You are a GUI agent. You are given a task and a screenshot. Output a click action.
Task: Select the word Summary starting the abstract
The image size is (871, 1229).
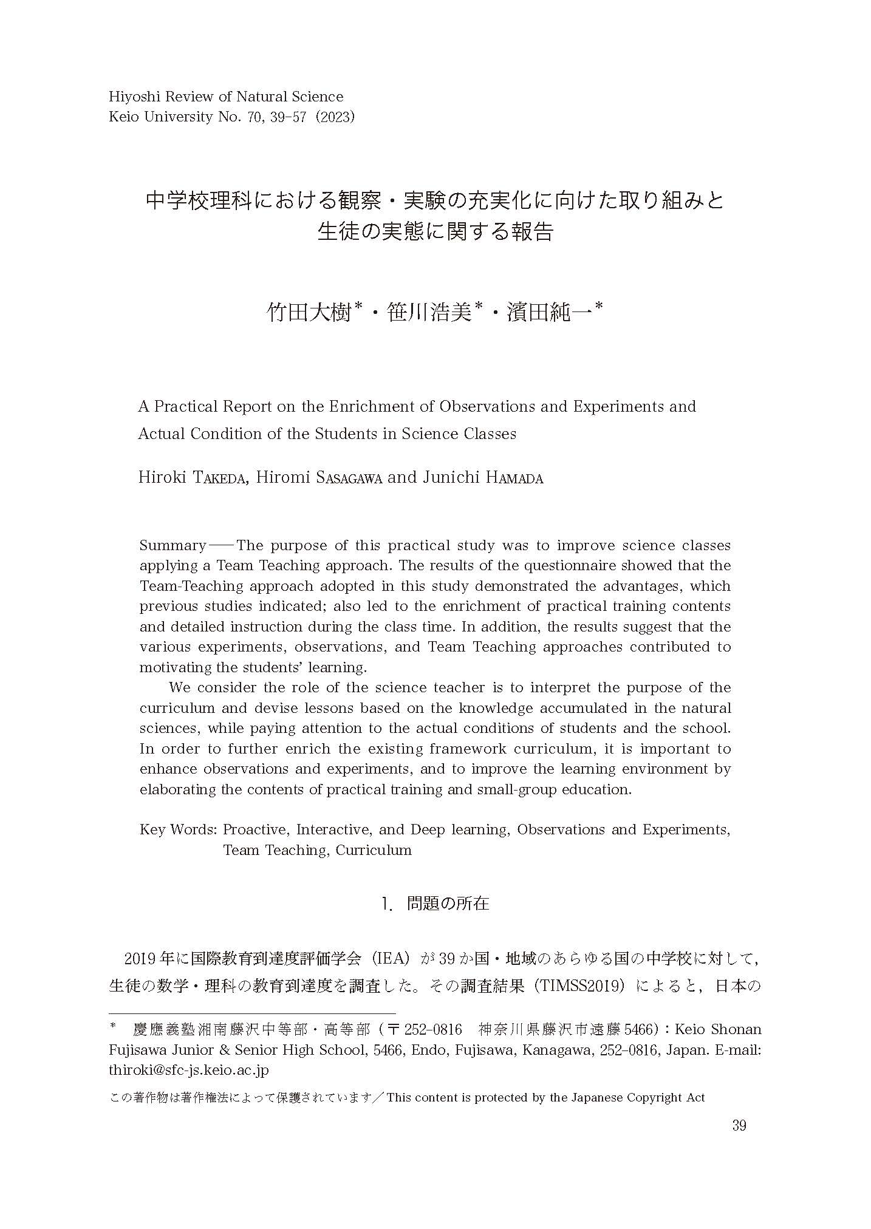(172, 545)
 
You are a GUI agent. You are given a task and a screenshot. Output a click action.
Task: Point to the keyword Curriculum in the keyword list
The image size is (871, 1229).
(373, 849)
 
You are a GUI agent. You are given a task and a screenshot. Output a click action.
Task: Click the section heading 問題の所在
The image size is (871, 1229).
(448, 904)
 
